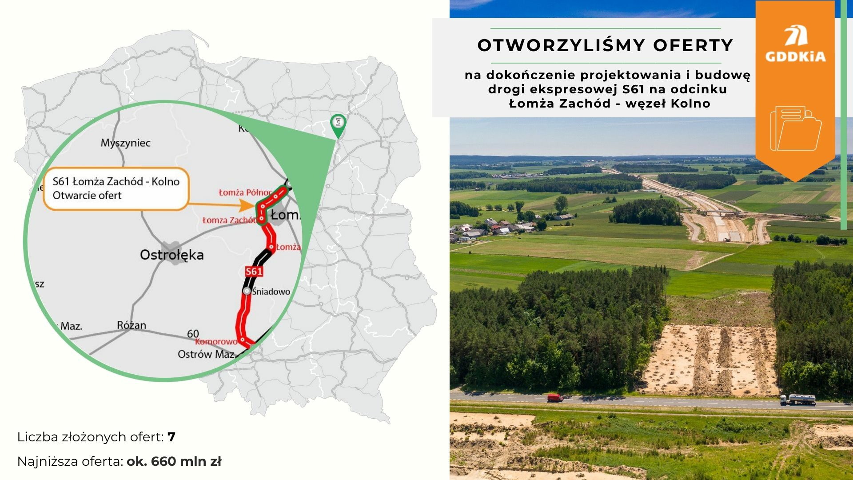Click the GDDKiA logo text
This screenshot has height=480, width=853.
[795, 56]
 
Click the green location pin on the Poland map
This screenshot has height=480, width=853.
[338, 125]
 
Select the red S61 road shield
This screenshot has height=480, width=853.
[254, 272]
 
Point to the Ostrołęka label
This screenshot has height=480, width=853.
[171, 255]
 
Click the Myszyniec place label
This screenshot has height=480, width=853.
[125, 143]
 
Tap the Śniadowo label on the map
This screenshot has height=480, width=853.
[271, 292]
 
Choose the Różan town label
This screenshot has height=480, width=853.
[132, 325]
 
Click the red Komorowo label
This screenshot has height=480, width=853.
[216, 341]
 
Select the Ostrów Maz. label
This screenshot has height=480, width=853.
[206, 354]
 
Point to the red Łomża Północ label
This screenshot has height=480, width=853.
[245, 192]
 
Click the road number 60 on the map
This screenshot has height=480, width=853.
[193, 333]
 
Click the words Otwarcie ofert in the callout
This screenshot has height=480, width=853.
[87, 196]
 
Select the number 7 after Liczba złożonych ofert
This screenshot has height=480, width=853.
[171, 437]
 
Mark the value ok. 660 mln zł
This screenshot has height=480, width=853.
[174, 462]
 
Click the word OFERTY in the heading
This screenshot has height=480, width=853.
[693, 45]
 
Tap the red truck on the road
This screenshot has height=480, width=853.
[555, 397]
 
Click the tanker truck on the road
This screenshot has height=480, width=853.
[798, 400]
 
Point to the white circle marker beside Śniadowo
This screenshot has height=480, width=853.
[247, 291]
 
